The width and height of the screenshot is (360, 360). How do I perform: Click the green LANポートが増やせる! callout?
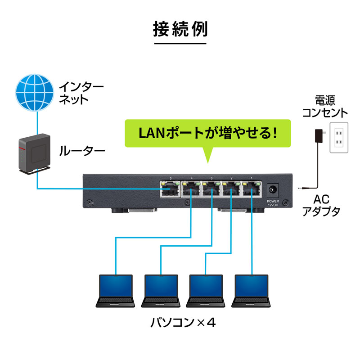207,133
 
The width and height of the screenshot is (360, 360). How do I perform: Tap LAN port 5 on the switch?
170,190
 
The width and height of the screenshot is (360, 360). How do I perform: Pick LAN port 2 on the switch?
231,190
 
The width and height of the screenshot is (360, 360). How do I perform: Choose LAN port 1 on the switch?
252,190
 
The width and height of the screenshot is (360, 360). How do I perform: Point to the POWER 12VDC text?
273,202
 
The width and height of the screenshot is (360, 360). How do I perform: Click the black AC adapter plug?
319,135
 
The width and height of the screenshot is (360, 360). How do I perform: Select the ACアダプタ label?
320,206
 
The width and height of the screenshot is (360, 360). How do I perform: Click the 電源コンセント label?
324,106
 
